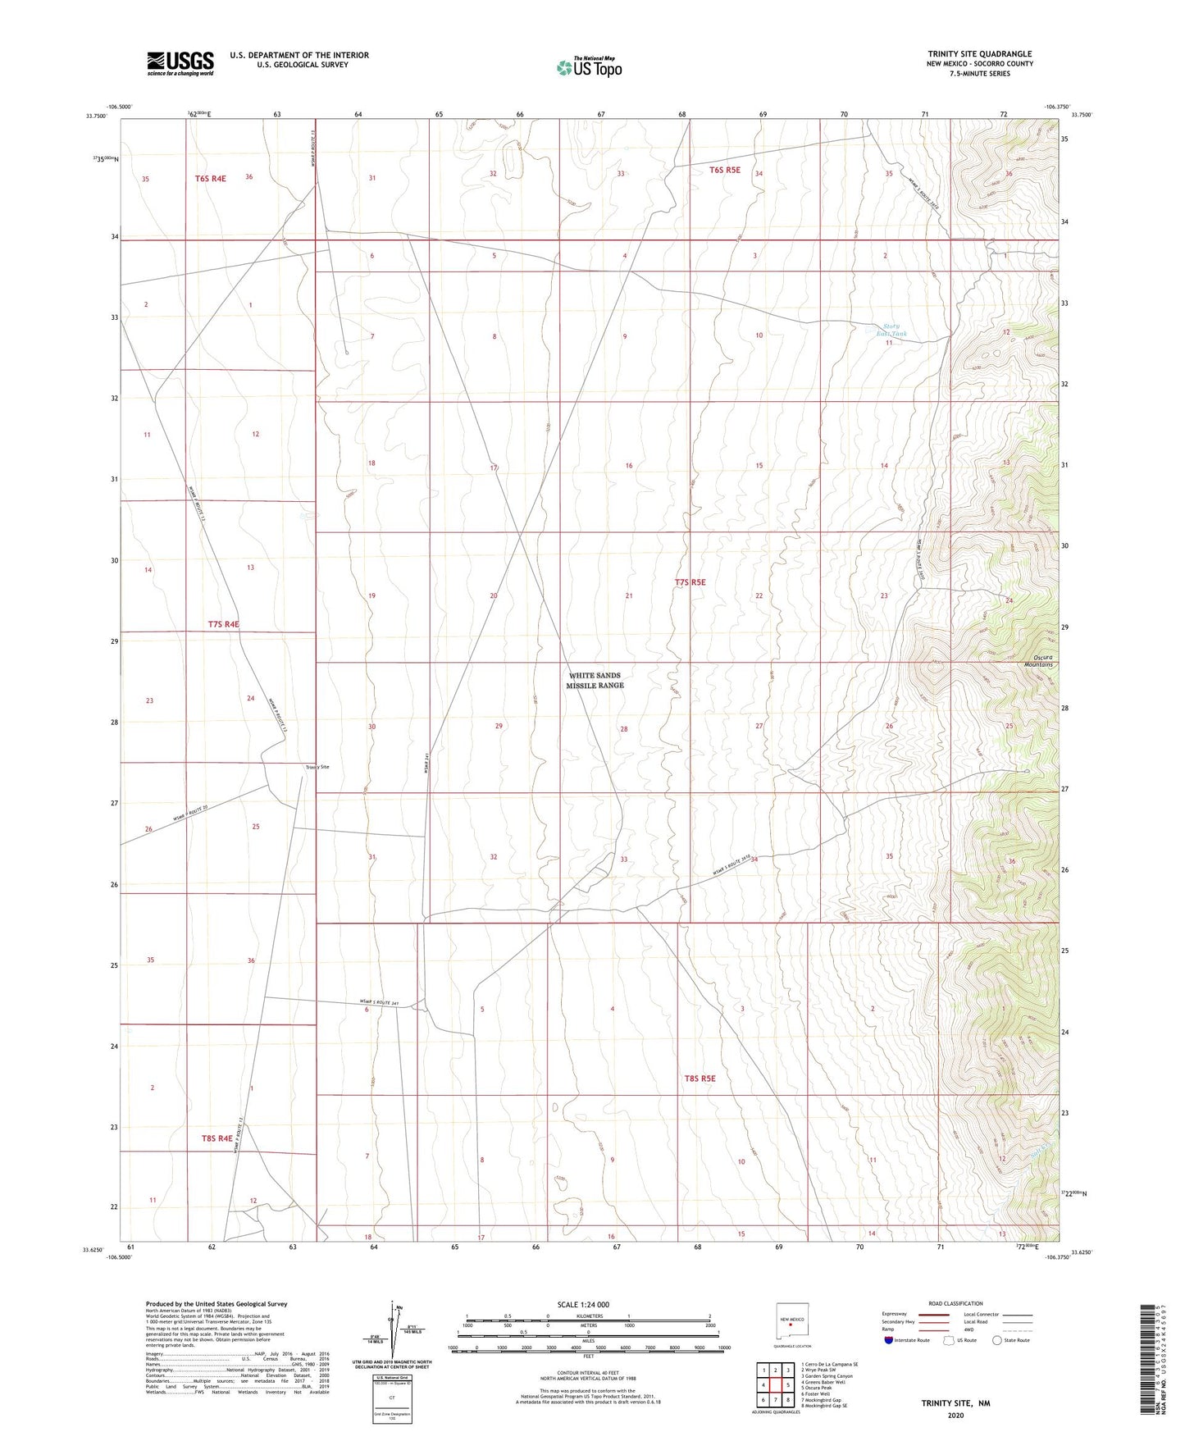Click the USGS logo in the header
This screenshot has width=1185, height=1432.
coord(180,63)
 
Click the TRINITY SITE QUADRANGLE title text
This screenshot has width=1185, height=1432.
coord(979,54)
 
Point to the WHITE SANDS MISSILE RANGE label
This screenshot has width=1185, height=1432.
coord(595,681)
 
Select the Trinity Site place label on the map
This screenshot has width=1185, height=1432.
coord(317,767)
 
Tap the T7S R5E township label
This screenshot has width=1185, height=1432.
coord(690,582)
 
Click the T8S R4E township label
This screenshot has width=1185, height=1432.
coord(217,1138)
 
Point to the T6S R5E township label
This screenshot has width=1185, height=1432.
coord(724,171)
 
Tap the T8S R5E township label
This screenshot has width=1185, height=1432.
coord(700,1079)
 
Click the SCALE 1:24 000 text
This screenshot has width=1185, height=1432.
coord(583,1305)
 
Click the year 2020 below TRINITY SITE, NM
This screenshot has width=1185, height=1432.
coord(955,1415)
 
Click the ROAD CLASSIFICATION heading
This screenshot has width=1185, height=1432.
coord(955,1303)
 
